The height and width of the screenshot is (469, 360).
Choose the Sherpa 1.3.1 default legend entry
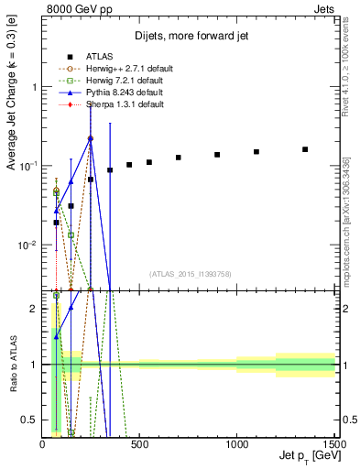(119, 104)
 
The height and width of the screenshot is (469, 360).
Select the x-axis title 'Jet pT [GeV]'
(307, 455)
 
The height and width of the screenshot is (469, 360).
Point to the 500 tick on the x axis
(139, 439)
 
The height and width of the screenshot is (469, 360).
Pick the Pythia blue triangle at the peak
(91, 137)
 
